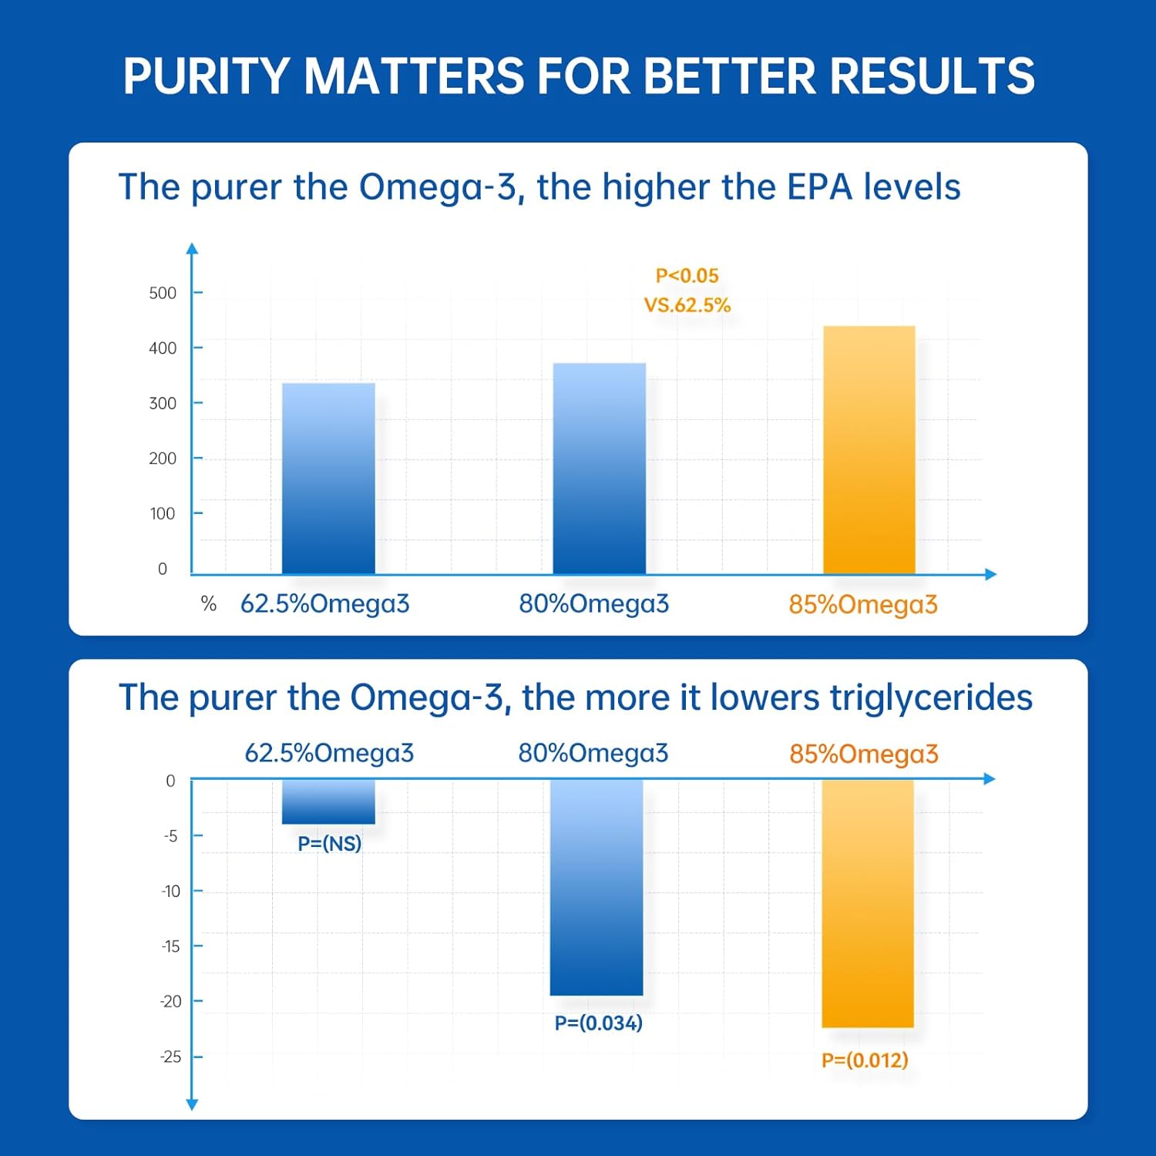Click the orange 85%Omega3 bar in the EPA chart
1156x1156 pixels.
tap(869, 450)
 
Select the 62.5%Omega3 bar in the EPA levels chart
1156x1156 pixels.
tap(328, 478)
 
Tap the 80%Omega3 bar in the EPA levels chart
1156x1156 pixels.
tap(599, 469)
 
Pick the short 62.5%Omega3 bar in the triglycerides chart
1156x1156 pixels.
tap(328, 801)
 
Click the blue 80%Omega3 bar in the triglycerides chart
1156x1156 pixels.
tap(596, 887)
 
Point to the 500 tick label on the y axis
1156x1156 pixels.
tap(163, 293)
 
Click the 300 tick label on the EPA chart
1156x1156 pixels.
tap(163, 403)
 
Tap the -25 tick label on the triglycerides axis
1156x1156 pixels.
tap(170, 1057)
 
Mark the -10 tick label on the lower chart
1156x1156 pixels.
tap(170, 891)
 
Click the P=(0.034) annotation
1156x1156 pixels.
tap(598, 1023)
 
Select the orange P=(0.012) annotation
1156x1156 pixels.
tap(865, 1060)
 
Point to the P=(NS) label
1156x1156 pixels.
tap(329, 843)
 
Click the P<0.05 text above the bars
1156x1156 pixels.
tap(687, 276)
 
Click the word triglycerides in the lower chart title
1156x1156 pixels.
tap(930, 698)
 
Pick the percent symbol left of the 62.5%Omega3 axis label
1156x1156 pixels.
tap(208, 603)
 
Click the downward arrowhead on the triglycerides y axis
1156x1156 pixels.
tap(193, 1104)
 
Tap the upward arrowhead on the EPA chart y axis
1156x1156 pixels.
tap(193, 249)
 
